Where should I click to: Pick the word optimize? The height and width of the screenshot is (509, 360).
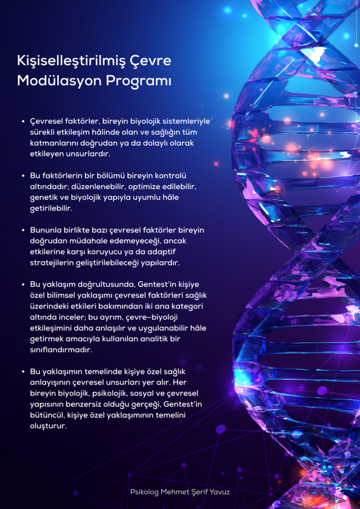[x=146, y=187]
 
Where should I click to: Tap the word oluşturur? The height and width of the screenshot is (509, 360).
[x=48, y=426]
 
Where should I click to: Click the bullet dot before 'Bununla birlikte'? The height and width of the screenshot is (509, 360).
[x=23, y=230]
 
